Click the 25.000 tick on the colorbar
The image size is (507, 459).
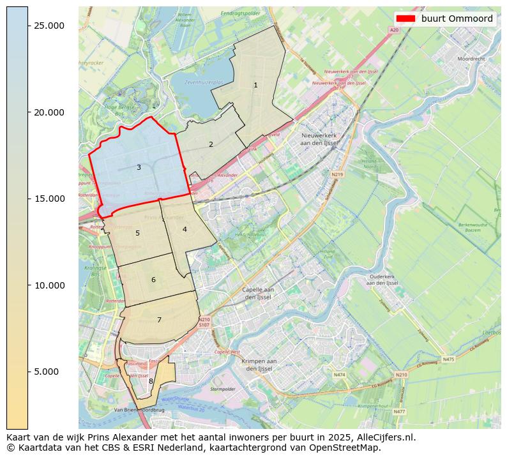(49, 26)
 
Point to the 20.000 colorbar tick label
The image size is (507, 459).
(49, 112)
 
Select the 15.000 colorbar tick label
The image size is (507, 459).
(49, 199)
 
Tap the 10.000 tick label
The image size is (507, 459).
(49, 285)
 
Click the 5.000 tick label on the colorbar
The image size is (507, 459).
(51, 372)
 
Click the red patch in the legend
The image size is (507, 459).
(405, 19)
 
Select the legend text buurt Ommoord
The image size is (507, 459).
(457, 19)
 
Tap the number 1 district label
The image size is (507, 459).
(255, 85)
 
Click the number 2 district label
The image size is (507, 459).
(211, 144)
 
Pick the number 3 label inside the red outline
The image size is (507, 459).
(139, 167)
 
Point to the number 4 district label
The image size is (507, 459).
(185, 229)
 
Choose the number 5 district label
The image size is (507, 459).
(137, 233)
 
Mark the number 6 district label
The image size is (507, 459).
(153, 280)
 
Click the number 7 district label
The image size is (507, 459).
(159, 320)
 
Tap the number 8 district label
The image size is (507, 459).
(151, 382)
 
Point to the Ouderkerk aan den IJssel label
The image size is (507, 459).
(383, 280)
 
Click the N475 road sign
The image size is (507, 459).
(448, 359)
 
